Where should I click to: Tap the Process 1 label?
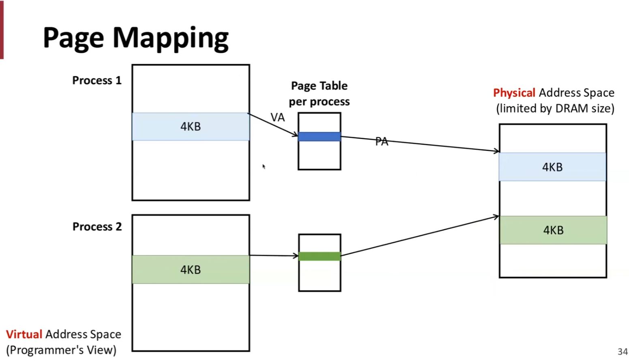97,80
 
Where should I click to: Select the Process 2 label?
97,227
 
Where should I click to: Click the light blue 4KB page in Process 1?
191,127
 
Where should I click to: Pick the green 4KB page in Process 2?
191,269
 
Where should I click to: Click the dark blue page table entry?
320,137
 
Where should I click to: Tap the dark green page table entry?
320,256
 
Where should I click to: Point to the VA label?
278,117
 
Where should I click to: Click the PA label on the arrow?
382,141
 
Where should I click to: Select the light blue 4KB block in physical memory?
553,167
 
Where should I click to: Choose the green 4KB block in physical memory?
553,230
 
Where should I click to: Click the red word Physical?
514,93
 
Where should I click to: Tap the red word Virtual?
24,334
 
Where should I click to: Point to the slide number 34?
623,351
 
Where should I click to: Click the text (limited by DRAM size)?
555,108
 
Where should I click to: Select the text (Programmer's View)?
61,350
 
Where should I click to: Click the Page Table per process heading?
319,94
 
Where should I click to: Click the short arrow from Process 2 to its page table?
274,256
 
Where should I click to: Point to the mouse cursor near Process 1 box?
264,167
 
